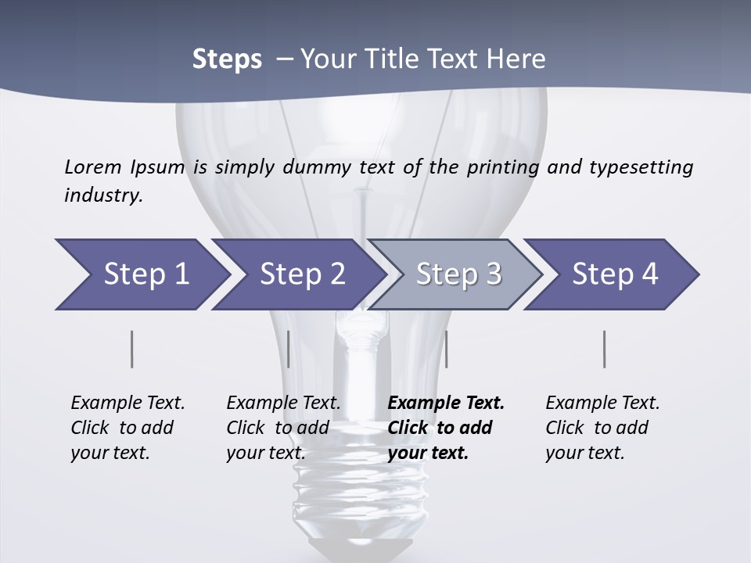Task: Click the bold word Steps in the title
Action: pos(227,59)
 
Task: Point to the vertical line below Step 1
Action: pos(132,349)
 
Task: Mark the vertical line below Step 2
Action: pos(289,349)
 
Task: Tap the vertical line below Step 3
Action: pos(447,349)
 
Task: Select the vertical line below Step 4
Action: pos(605,349)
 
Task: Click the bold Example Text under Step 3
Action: pos(446,403)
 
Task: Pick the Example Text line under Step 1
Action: pos(128,403)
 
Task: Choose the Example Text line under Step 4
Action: pos(602,403)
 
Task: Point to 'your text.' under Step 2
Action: pos(265,453)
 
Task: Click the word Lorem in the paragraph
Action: pos(93,167)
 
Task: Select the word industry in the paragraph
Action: pos(103,195)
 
